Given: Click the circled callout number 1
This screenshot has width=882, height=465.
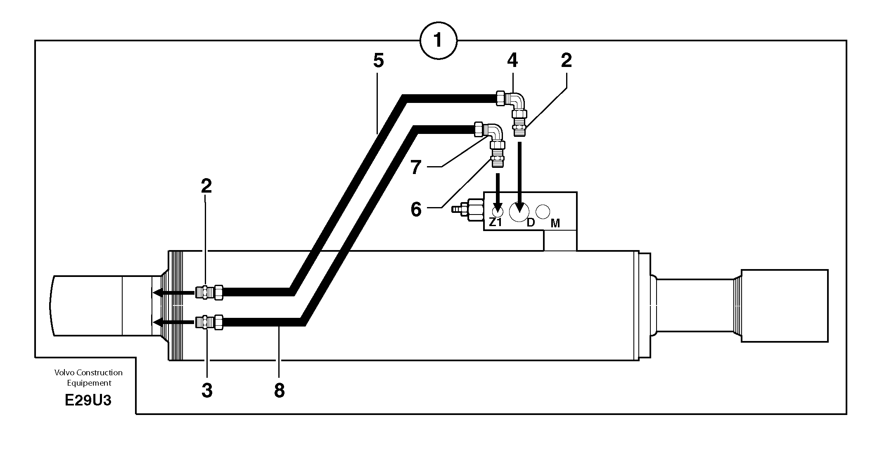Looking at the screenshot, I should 438,41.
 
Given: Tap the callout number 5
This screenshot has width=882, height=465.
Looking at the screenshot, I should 378,61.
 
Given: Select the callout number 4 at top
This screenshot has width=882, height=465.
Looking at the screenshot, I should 512,61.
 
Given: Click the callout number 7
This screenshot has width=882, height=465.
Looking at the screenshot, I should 416,167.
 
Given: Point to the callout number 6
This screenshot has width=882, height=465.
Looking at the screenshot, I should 416,209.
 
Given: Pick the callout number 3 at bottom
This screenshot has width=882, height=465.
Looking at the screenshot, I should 207,390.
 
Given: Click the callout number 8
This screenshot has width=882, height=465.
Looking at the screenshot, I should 279,390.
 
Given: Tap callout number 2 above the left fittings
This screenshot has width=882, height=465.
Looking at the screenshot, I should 206,186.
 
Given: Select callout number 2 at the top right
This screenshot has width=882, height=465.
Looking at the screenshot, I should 566,61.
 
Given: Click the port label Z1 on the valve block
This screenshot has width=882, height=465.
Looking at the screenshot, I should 495,222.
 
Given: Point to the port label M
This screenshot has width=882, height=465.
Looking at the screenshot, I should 555,224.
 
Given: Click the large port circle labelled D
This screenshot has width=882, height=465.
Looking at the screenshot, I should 519,212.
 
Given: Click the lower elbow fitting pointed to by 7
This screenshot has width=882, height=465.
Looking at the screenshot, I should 494,133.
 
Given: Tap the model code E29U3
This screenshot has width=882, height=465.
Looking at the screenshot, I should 88,401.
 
